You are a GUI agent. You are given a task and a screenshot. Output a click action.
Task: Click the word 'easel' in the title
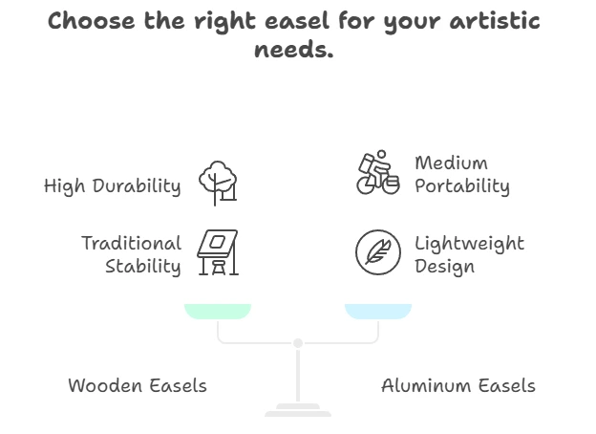pyautogui.click(x=296, y=21)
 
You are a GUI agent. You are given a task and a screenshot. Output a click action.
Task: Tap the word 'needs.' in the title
pyautogui.click(x=294, y=50)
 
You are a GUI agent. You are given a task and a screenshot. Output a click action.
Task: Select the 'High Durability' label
pyautogui.click(x=112, y=186)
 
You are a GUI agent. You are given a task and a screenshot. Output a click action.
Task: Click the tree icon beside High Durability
pyautogui.click(x=218, y=183)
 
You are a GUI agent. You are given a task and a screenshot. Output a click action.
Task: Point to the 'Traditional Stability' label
pyautogui.click(x=132, y=254)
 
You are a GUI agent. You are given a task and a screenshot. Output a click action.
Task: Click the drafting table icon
pyautogui.click(x=218, y=252)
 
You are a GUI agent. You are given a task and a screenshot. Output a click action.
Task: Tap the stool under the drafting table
pyautogui.click(x=219, y=267)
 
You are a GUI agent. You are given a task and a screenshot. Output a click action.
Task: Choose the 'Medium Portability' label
pyautogui.click(x=462, y=175)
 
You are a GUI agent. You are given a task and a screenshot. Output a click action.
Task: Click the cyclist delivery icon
pyautogui.click(x=378, y=172)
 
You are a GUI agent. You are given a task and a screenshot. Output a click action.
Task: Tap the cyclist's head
pyautogui.click(x=382, y=154)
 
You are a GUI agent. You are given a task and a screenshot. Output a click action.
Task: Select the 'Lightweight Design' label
pyautogui.click(x=469, y=254)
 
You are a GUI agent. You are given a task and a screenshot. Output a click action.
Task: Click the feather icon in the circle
pyautogui.click(x=378, y=252)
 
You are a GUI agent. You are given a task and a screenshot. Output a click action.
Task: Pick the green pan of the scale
pyautogui.click(x=218, y=311)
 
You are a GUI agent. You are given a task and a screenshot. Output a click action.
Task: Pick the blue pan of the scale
pyautogui.click(x=378, y=311)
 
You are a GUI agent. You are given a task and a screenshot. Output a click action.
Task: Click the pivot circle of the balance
pyautogui.click(x=298, y=343)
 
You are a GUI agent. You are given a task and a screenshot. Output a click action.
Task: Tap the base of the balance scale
pyautogui.click(x=298, y=410)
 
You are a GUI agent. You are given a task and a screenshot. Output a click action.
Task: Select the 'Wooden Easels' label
pyautogui.click(x=138, y=385)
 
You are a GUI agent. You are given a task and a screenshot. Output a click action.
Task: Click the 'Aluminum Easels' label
pyautogui.click(x=458, y=385)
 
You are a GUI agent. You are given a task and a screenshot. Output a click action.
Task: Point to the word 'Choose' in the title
pyautogui.click(x=92, y=21)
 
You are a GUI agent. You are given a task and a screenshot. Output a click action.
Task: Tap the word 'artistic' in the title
pyautogui.click(x=495, y=21)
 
